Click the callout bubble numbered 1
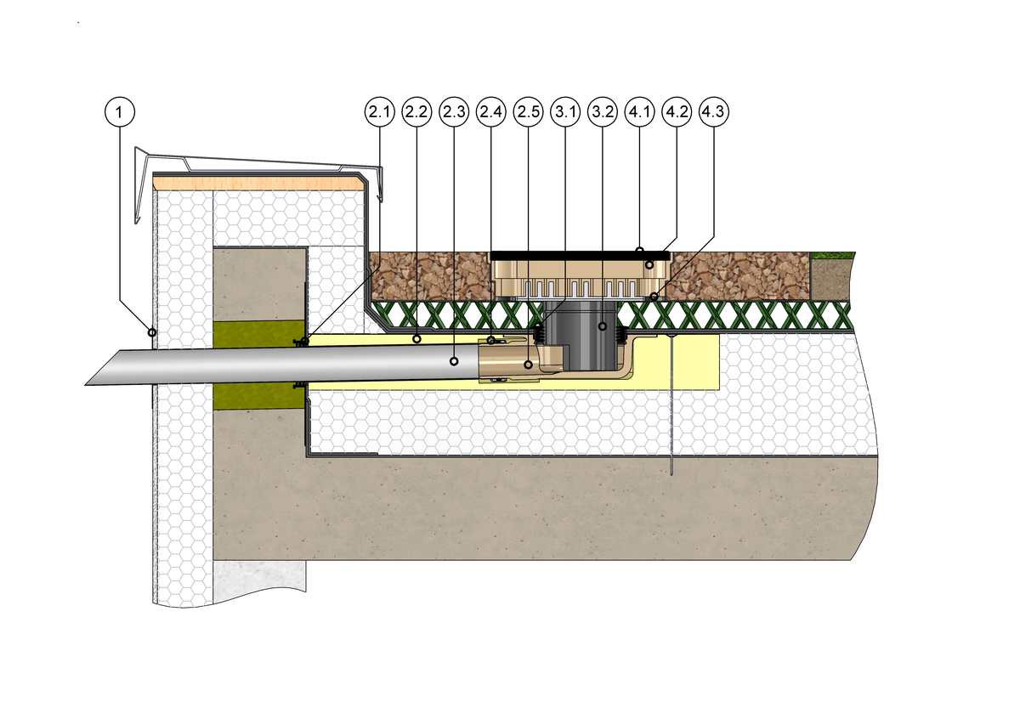(x=120, y=110)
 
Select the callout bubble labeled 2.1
(x=380, y=110)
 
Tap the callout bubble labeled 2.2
(x=416, y=110)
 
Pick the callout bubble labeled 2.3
(x=454, y=110)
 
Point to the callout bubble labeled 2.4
(x=491, y=110)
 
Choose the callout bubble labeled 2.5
(x=528, y=110)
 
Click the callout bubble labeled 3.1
(x=565, y=110)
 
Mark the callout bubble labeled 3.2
(x=603, y=110)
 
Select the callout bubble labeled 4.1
(x=639, y=110)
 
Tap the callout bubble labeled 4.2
(x=677, y=110)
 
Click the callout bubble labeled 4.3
(x=714, y=110)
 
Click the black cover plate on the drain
(x=578, y=254)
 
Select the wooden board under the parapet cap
(x=255, y=181)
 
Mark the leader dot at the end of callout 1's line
(x=152, y=331)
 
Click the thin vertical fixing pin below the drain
(x=671, y=408)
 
